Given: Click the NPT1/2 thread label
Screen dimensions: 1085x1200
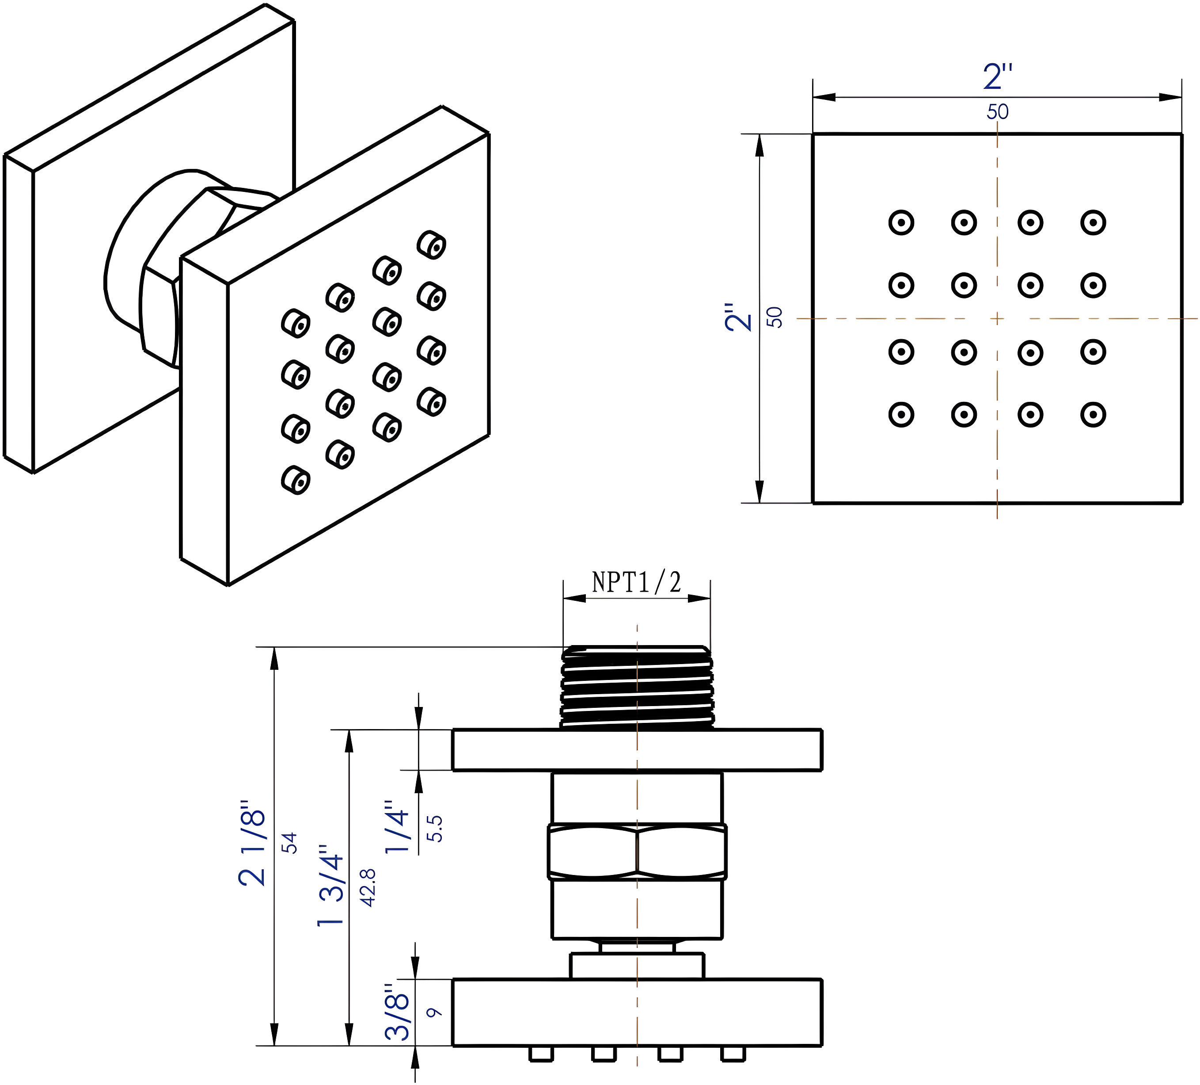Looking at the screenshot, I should (x=636, y=582).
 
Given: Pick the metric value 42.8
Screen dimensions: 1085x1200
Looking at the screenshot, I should (x=368, y=888).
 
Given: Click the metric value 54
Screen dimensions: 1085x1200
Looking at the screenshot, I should (x=289, y=843).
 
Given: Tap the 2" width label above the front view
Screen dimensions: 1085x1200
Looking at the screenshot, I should (x=998, y=77).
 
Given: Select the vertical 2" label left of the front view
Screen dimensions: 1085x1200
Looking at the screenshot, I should (x=739, y=317).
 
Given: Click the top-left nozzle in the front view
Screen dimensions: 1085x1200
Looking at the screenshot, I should (x=901, y=223).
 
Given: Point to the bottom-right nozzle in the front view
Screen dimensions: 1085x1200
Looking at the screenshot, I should (x=1093, y=414).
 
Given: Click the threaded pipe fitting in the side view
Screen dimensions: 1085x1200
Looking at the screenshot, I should (x=637, y=688).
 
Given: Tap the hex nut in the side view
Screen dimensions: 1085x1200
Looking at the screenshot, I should (x=637, y=852).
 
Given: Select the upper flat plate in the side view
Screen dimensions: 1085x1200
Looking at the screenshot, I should (x=637, y=750).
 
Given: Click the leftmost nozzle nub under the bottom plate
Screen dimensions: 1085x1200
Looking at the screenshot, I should (x=541, y=1054).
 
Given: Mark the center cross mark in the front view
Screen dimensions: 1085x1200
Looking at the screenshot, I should (x=998, y=319).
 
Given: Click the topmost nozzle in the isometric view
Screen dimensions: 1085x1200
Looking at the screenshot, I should (x=432, y=244).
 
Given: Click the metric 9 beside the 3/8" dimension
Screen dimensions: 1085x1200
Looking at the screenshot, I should (x=435, y=1012).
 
